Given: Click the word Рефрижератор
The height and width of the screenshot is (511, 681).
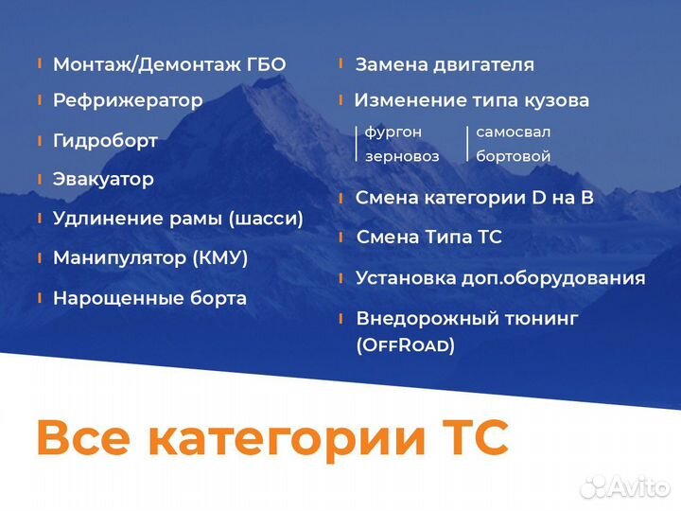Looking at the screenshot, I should (128, 100).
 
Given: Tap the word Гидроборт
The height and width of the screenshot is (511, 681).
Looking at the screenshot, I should (105, 141).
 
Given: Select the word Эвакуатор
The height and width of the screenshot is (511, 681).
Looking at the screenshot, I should (103, 179).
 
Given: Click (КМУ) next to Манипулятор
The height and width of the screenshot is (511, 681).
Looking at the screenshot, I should (219, 257).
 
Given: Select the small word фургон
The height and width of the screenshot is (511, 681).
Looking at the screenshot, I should (393, 132).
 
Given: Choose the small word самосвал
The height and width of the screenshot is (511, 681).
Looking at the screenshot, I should (513, 132).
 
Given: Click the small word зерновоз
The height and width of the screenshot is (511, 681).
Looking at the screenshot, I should (402, 156).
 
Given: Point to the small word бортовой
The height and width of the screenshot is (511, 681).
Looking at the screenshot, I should (513, 156).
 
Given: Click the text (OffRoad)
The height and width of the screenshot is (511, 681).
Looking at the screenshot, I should (405, 345).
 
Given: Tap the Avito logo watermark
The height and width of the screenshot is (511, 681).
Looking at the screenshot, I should (626, 486).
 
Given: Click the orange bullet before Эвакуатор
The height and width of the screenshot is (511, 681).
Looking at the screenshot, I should (39, 178).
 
